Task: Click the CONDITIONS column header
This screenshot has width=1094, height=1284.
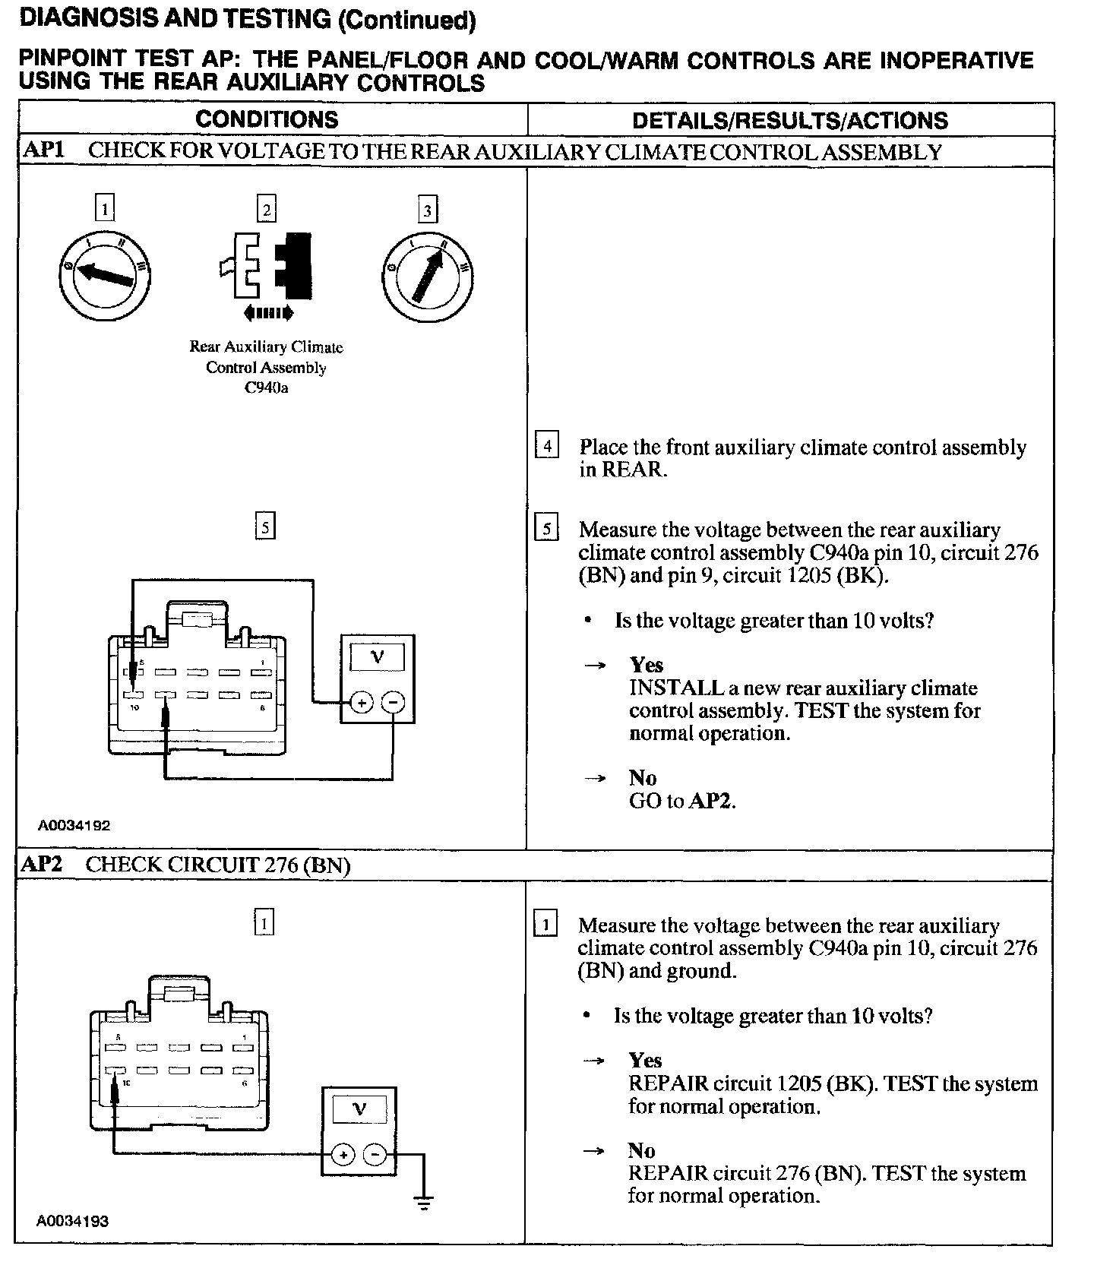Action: tap(267, 119)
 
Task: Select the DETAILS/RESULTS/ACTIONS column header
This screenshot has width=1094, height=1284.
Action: tap(790, 120)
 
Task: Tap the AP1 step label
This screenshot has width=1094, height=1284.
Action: tap(43, 150)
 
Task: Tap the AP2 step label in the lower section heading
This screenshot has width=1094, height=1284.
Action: tap(43, 864)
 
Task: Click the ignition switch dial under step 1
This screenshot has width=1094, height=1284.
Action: tap(104, 274)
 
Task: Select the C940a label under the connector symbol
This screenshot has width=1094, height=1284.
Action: tap(266, 388)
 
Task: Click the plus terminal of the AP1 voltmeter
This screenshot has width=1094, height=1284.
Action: tap(362, 703)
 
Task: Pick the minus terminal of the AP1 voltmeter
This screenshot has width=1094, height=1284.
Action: tap(393, 703)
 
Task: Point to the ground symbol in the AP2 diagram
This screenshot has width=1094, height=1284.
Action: tap(424, 1203)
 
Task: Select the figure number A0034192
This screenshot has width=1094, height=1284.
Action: tap(74, 825)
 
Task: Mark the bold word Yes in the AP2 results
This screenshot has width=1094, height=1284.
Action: tap(645, 1061)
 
